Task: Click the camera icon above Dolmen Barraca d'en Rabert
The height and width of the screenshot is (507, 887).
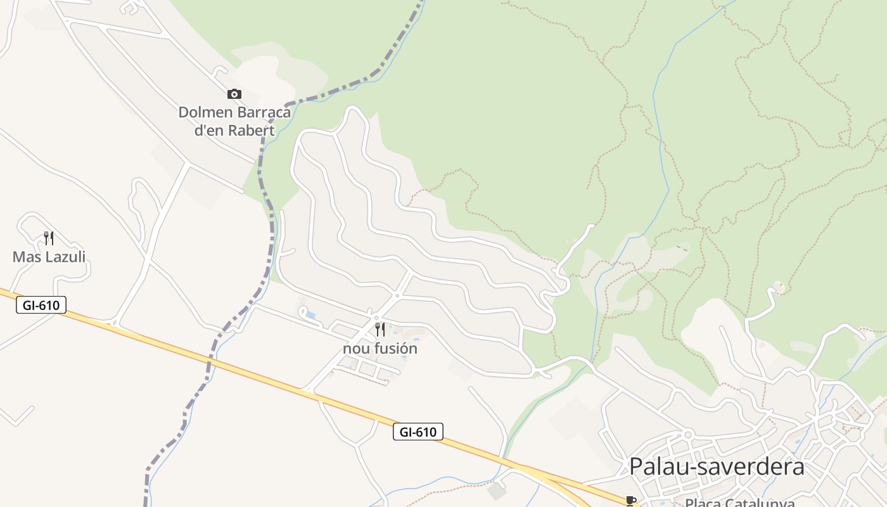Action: [234, 94]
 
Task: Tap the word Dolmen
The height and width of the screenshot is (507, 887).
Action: [205, 113]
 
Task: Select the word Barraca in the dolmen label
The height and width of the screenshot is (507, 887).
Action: [263, 113]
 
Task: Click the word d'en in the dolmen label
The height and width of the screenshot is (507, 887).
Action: [208, 131]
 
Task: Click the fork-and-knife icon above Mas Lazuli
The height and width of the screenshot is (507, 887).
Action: [49, 238]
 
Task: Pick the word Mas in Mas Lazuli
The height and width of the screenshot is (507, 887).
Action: [23, 257]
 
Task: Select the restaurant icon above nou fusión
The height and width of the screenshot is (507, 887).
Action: [380, 330]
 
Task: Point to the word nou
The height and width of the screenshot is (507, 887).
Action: [355, 349]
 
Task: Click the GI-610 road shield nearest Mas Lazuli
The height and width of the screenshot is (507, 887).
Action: [41, 305]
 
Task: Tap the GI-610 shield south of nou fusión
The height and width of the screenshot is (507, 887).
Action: [418, 432]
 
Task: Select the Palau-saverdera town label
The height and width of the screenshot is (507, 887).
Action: [717, 467]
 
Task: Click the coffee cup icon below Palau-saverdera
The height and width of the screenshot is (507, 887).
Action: [630, 501]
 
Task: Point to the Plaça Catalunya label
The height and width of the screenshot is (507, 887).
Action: [739, 503]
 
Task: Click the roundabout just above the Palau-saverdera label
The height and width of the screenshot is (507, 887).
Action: [687, 435]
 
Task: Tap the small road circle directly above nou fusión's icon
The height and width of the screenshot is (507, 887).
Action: [376, 318]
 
